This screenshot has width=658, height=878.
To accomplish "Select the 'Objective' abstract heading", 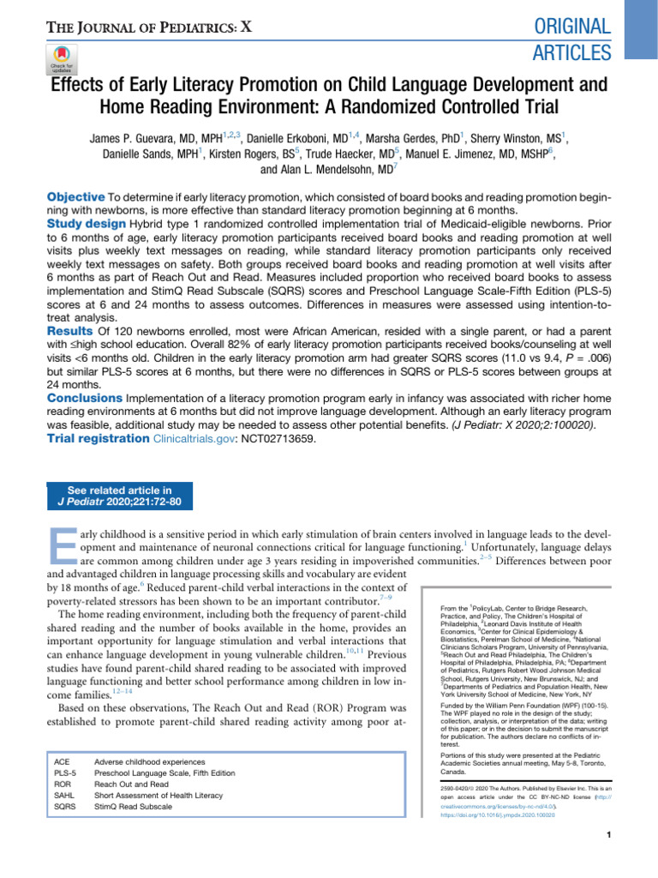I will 75,197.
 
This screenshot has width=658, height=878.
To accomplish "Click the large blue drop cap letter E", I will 63,550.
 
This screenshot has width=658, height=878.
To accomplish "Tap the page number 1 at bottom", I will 607,835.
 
